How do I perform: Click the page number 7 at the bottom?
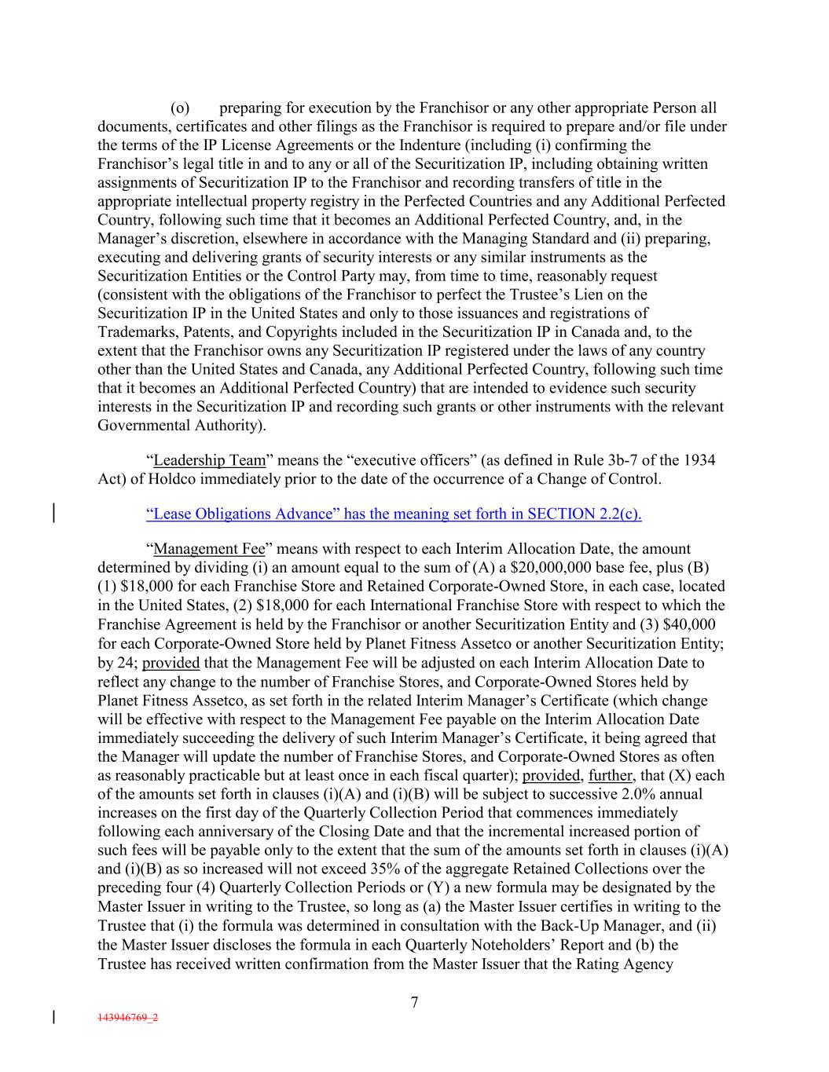click(414, 1002)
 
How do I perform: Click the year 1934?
click(699, 460)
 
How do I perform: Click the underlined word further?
click(614, 776)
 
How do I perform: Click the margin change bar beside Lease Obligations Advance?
click(53, 514)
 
